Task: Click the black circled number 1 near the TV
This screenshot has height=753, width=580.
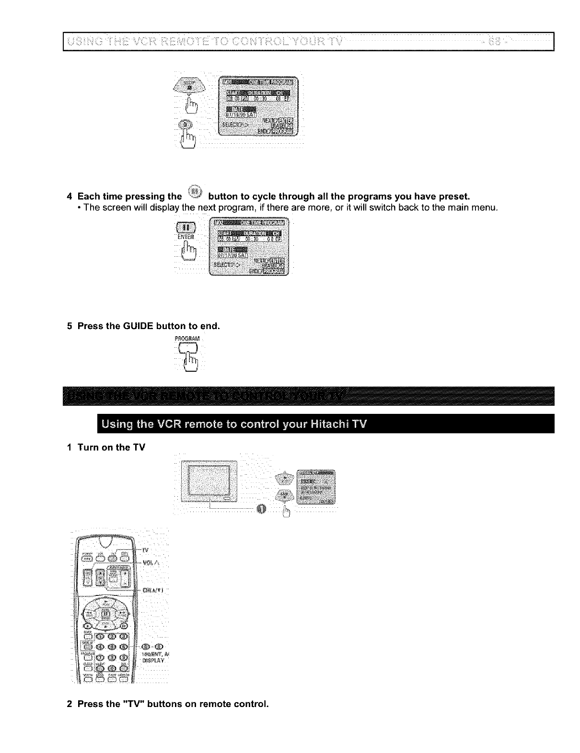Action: [261, 508]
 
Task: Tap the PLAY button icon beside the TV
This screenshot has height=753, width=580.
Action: [285, 478]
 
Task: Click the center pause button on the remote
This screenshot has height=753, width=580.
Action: [106, 613]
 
